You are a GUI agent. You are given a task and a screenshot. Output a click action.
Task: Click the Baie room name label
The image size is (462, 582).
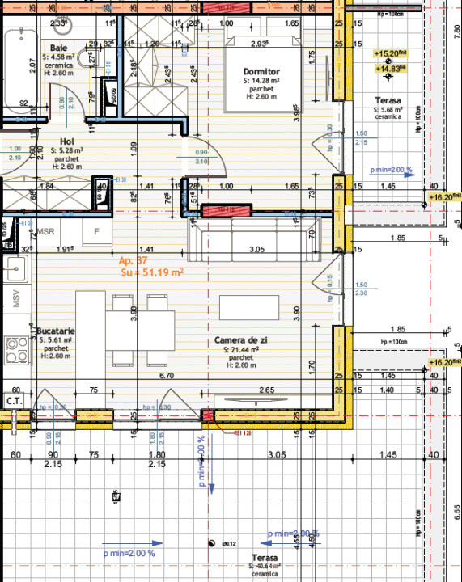click(x=58, y=48)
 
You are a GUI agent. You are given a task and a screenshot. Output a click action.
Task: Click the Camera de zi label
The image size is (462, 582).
click(x=241, y=341)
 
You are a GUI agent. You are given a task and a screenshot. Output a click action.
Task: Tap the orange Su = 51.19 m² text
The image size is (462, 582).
click(x=151, y=273)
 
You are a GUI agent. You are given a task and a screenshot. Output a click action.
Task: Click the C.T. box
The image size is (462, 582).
click(x=14, y=400)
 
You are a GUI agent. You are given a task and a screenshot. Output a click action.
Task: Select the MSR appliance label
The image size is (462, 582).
click(x=46, y=230)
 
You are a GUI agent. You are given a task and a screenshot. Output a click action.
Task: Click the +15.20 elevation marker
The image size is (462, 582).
click(x=389, y=53)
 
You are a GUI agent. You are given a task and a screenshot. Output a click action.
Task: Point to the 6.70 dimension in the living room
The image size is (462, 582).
click(x=167, y=376)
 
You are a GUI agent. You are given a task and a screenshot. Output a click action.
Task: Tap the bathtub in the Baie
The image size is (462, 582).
click(x=18, y=71)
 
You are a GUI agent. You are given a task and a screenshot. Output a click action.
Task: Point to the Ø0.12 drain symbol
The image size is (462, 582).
click(x=212, y=543)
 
